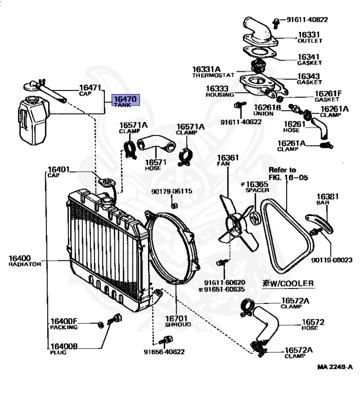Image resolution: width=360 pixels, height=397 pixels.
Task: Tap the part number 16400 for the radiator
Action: coord(20,257)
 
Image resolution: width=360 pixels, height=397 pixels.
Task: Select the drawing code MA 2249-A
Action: coord(335,367)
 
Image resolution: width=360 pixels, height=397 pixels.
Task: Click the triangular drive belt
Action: coord(287,235)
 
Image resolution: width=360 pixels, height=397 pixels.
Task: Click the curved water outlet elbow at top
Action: coord(258,28)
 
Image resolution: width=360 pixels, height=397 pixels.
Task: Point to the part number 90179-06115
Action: coord(171,191)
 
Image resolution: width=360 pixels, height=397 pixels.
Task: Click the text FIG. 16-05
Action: coord(288,177)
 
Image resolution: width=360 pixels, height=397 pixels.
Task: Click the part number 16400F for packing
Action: coord(63,321)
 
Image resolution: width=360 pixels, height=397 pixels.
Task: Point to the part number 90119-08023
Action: coord(331,260)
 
